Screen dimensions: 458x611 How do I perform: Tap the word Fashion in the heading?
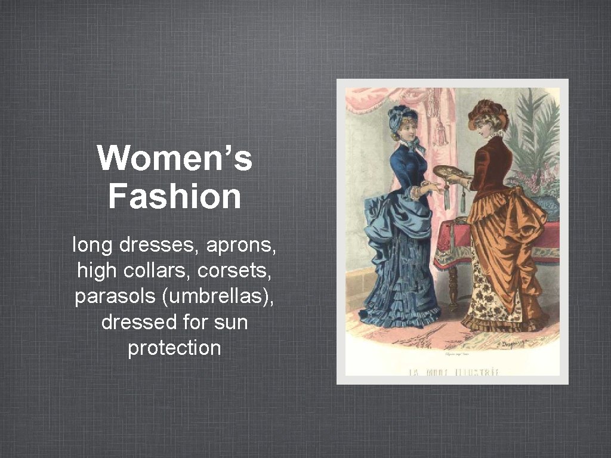tap(174, 196)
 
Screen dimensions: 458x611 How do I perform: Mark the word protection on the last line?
tap(174, 348)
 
